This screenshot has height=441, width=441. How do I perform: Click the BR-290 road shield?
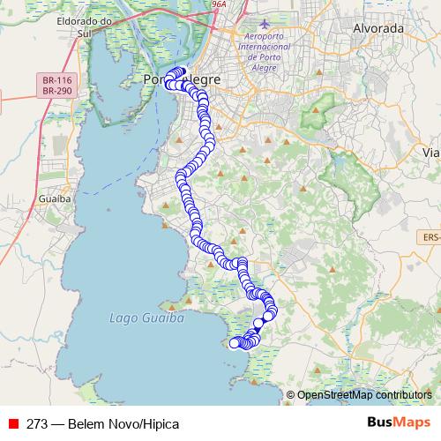pyautogui.click(x=56, y=90)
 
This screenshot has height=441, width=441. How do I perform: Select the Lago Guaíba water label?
pyautogui.click(x=146, y=318)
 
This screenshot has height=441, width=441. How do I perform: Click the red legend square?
pyautogui.click(x=13, y=423)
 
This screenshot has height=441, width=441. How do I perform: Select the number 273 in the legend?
pyautogui.click(x=36, y=423)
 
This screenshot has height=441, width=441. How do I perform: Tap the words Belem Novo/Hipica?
pyautogui.click(x=127, y=423)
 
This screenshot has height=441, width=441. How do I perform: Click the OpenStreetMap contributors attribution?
pyautogui.click(x=364, y=395)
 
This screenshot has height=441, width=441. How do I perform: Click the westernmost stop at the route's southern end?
pyautogui.click(x=235, y=343)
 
